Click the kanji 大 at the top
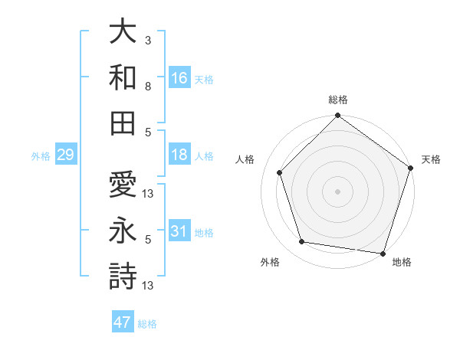click(x=123, y=31)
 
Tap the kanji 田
click(x=123, y=122)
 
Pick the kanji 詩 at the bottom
click(x=123, y=276)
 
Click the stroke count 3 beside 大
click(x=148, y=39)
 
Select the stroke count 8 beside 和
click(x=148, y=87)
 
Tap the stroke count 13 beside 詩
click(x=148, y=286)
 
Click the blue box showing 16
click(x=179, y=77)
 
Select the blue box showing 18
click(x=179, y=155)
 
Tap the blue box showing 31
click(x=179, y=231)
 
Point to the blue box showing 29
click(x=65, y=155)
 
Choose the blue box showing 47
click(x=123, y=322)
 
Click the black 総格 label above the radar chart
click(x=338, y=100)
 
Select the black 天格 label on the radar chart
click(x=431, y=159)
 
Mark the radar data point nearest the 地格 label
click(x=383, y=253)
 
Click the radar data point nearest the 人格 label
click(x=280, y=172)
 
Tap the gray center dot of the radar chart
click(x=337, y=191)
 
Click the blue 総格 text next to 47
click(x=147, y=324)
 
